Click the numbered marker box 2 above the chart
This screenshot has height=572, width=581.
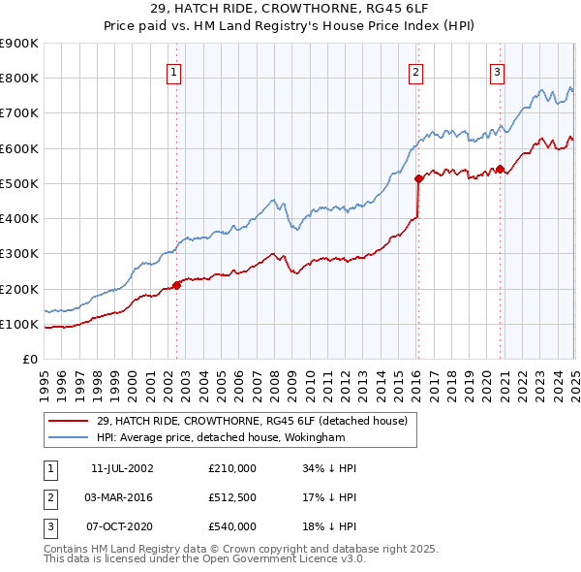tap(415, 71)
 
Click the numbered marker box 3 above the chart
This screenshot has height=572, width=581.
tap(497, 71)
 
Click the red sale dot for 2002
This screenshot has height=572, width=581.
tap(176, 285)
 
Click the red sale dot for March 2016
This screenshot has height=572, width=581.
tap(418, 178)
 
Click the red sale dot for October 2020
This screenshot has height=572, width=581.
tap(500, 169)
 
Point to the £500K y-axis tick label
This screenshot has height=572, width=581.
tap(19, 183)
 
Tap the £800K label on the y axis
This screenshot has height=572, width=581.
tap(19, 79)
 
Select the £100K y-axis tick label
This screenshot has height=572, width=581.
tap(19, 324)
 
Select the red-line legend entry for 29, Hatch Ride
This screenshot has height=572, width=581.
tap(256, 421)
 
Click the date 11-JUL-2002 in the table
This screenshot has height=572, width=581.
tap(121, 468)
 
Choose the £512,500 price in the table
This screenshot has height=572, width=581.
tap(231, 497)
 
